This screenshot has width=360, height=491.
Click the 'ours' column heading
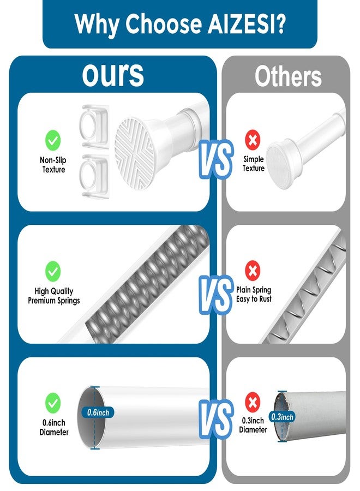point(113,75)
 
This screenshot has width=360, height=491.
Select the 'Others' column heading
point(288,77)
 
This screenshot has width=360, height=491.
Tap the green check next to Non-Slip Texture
point(53,140)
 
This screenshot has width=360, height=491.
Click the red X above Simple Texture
point(253,140)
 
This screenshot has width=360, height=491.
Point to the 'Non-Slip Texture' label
point(53,165)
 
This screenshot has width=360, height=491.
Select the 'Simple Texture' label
point(254,164)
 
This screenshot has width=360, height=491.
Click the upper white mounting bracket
point(95,126)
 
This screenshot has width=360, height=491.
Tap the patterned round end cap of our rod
point(135,153)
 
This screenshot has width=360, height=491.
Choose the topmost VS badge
point(215,159)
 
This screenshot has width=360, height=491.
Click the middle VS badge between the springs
point(215,295)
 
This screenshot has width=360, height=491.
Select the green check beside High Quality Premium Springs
point(53,271)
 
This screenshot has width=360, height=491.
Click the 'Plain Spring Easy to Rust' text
point(254,295)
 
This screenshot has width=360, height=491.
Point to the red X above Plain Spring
point(253,271)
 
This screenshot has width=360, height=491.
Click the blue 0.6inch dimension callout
point(98,412)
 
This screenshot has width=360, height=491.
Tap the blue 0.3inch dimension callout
point(282,417)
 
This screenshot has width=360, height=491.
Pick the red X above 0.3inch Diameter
point(253,402)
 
